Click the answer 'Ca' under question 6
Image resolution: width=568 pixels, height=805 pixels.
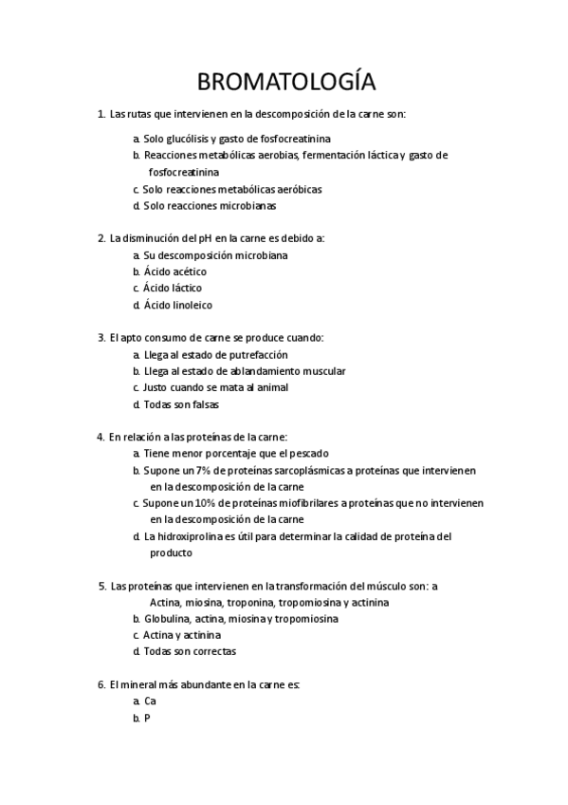pyautogui.click(x=150, y=702)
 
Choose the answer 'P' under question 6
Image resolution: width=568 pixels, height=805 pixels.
pyautogui.click(x=147, y=719)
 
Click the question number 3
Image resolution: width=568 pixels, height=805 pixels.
pyautogui.click(x=101, y=337)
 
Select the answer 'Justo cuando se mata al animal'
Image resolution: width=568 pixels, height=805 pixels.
pyautogui.click(x=215, y=387)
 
